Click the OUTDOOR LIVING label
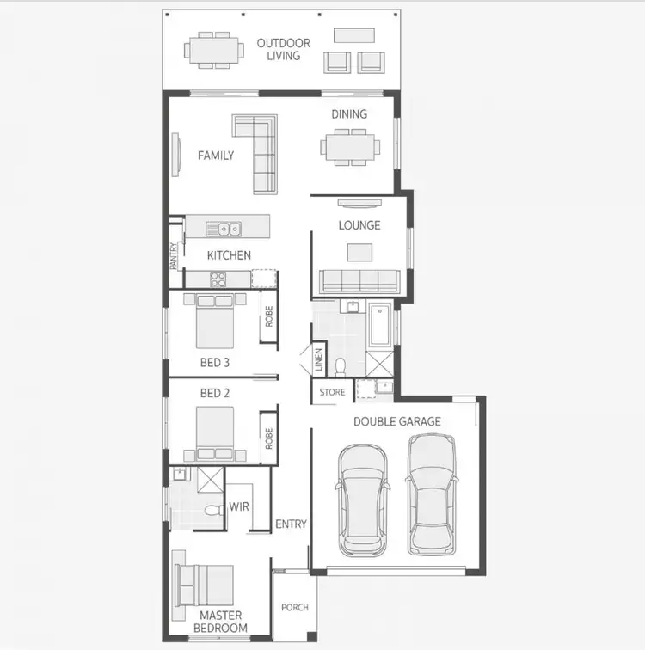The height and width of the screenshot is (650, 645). coord(283,49)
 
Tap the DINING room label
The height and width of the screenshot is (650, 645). coord(349,113)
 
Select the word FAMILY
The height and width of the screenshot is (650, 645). coord(216,156)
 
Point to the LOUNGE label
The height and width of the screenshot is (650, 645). coord(359,225)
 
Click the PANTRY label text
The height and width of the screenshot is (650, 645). coord(175,256)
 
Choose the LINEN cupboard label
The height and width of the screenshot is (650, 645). coord(318,359)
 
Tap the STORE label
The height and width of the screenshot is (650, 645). coord(332,392)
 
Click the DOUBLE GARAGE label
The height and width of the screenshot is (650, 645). coord(397,421)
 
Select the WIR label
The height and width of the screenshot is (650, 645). coord(239,506)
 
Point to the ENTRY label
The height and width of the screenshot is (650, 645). coord(291,524)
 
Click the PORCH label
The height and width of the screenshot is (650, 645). coord(295,607)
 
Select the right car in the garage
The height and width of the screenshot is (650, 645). coord(431,494)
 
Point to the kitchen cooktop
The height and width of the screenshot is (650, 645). coord(218,278)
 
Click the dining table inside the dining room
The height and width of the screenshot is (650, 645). coord(350,146)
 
